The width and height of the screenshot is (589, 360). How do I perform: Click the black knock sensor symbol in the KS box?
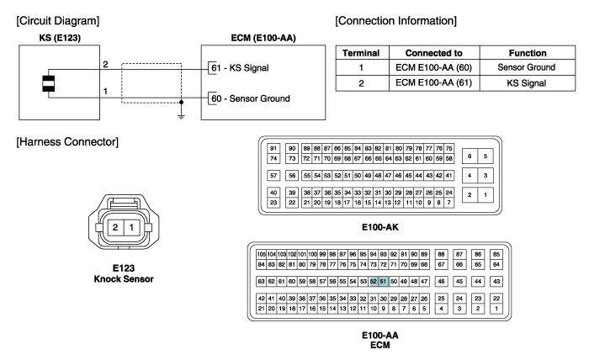coord(49,84)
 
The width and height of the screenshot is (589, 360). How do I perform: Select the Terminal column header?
coord(361,53)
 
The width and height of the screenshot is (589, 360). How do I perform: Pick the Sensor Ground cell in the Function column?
coord(526,67)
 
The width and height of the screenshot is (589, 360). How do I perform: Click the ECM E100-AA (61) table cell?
coord(433,83)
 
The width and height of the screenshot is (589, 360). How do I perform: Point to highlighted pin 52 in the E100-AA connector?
coord(374,281)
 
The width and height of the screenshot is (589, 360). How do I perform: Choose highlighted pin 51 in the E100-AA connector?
coord(383,281)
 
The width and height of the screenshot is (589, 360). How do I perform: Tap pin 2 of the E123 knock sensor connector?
coord(115,227)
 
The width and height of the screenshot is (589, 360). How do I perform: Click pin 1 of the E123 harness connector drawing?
coord(131,227)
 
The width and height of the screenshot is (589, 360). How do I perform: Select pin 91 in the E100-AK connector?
coord(273,148)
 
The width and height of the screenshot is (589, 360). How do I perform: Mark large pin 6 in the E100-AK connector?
coord(470,156)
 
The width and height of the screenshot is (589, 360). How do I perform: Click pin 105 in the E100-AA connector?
coord(262,254)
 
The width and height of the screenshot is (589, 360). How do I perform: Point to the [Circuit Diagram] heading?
coord(58,21)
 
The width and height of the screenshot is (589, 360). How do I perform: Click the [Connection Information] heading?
coord(396,21)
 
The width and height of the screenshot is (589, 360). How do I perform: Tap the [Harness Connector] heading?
coord(67,142)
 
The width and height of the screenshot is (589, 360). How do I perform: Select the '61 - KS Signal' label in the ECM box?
coord(240,68)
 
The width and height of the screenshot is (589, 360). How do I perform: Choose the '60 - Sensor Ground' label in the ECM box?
coord(251,98)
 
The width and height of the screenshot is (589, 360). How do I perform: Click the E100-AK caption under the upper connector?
coord(380,227)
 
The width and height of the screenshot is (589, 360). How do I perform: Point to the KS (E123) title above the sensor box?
coord(60,38)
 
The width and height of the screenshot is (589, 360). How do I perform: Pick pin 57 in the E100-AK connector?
coord(273,175)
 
